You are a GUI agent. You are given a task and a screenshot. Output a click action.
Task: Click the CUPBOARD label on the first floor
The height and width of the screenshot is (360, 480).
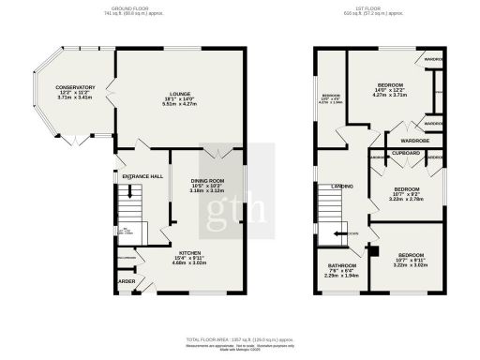pyautogui.click(x=405, y=152)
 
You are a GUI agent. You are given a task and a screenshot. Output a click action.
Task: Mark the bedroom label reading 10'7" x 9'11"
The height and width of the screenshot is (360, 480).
pyautogui.click(x=412, y=256)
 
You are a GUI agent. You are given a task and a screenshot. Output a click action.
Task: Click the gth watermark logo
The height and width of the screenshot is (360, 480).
pyautogui.click(x=239, y=184)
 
